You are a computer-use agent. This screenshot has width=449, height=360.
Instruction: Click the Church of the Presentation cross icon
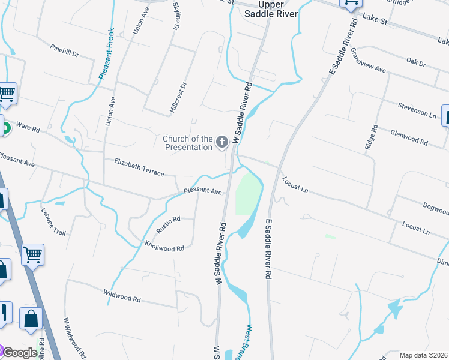222,142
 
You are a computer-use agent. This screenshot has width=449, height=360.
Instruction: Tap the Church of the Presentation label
187,143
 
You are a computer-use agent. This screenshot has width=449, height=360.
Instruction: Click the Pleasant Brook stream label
107,54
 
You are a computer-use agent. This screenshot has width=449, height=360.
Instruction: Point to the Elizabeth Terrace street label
139,167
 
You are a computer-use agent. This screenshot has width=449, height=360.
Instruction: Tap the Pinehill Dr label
65,50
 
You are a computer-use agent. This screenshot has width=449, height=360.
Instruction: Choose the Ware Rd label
28,128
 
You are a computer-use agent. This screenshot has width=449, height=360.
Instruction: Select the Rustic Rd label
168,225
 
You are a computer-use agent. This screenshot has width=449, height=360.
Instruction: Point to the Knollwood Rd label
164,245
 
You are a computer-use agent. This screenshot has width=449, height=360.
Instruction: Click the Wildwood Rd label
122,296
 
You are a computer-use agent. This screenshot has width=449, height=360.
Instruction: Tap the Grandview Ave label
368,60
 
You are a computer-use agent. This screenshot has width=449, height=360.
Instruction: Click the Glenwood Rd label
409,138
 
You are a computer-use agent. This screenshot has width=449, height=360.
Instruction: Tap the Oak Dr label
415,62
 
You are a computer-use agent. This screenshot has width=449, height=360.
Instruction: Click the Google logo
19,353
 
